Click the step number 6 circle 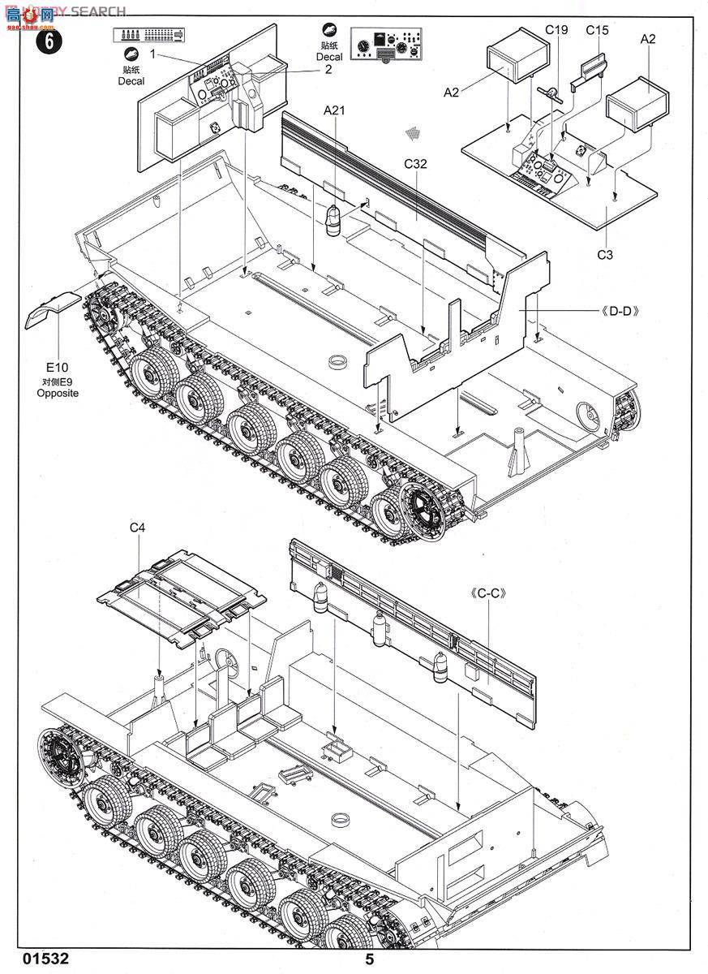click(x=49, y=42)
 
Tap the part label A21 click(x=334, y=110)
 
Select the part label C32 click(x=415, y=163)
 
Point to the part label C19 click(x=556, y=30)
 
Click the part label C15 click(x=596, y=30)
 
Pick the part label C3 click(x=605, y=255)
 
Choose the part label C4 click(x=137, y=528)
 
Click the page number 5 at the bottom click(x=370, y=959)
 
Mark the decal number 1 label click(x=152, y=54)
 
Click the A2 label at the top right click(x=647, y=39)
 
